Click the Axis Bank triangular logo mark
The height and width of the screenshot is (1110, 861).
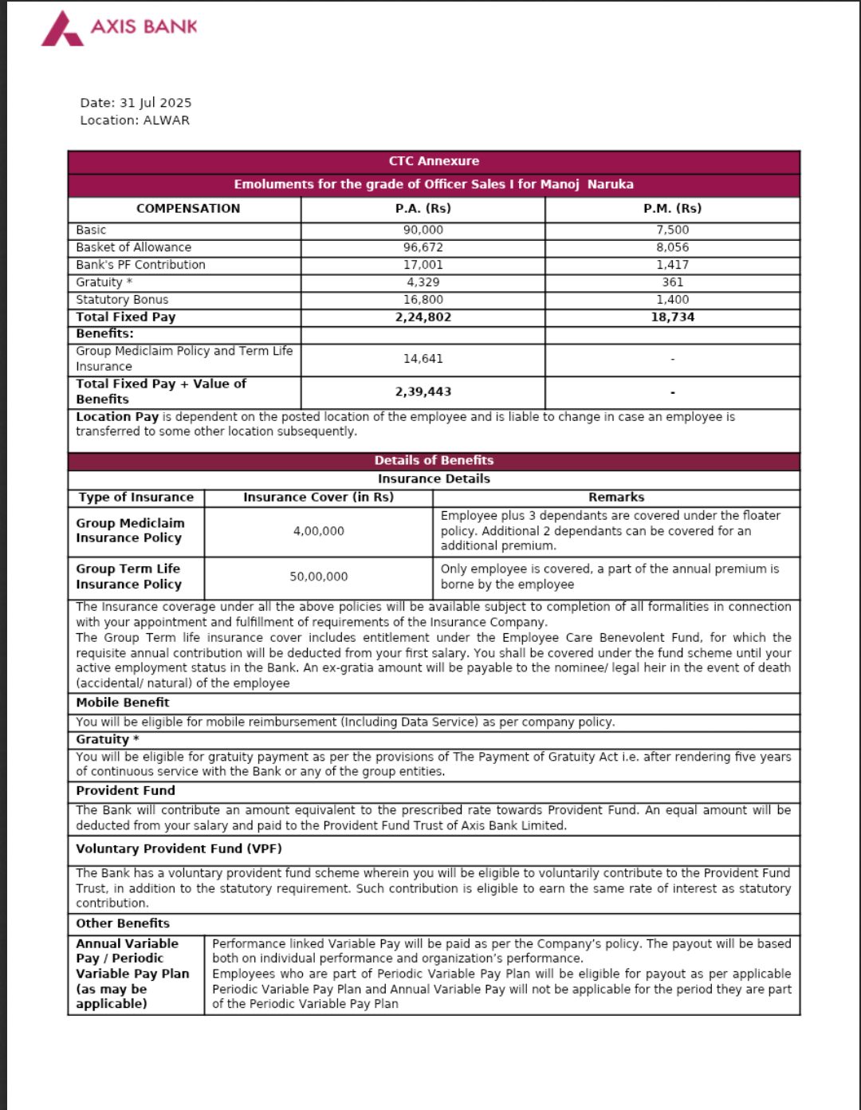[x=61, y=29]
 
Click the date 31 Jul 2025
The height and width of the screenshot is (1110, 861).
[x=155, y=103]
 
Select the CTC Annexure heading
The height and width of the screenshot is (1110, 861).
[x=434, y=161]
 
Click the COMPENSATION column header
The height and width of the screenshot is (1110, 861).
[x=187, y=208]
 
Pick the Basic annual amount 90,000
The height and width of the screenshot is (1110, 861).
[x=423, y=230]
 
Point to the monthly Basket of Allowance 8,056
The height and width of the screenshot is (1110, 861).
[x=672, y=247]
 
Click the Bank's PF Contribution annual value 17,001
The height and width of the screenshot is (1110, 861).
[x=423, y=265]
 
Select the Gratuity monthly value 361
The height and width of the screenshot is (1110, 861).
[x=672, y=282]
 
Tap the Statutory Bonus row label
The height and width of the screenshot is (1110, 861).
[x=122, y=300]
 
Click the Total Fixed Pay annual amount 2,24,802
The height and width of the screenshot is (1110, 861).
[x=423, y=317]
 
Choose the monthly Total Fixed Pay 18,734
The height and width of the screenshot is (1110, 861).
[x=672, y=317]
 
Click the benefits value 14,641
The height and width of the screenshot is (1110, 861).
[x=423, y=359]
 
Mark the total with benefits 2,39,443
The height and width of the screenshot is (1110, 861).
[x=423, y=392]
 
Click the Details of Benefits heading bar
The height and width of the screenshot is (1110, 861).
[x=434, y=460]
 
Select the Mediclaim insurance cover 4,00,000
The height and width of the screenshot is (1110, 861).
[x=318, y=531]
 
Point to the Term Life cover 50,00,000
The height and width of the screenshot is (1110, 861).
[x=318, y=577]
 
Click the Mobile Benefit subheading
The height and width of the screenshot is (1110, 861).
[x=123, y=703]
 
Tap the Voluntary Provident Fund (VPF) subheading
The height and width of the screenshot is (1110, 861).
[x=179, y=848]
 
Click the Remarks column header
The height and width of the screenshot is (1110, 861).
[x=616, y=497]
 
